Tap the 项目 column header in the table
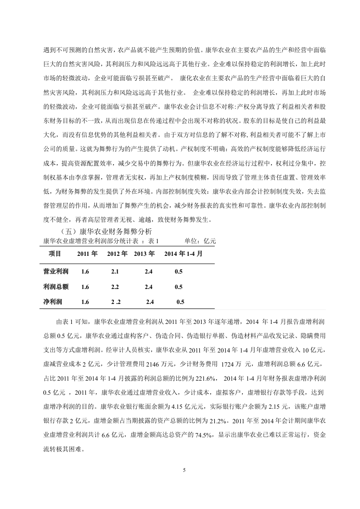point(55,254)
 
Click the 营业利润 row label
point(55,271)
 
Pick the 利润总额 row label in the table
point(55,287)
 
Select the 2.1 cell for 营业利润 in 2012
point(115,271)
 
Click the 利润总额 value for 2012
point(115,287)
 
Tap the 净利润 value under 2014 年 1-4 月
point(180,302)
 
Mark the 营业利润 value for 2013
point(149,271)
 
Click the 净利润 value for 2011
point(85,302)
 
